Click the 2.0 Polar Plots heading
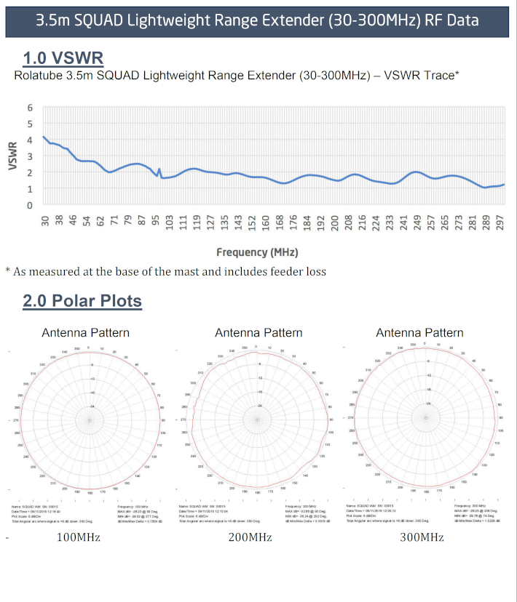(x=82, y=300)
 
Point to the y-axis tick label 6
(x=30, y=108)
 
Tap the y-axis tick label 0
(x=30, y=205)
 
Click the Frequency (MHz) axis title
(x=257, y=252)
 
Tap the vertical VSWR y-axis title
(x=12, y=156)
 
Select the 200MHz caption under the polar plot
(x=250, y=537)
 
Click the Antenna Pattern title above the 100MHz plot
(x=85, y=333)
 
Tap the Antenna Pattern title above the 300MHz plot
(x=419, y=333)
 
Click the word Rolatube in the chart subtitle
(x=39, y=75)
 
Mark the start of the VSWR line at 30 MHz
(x=44, y=137)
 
